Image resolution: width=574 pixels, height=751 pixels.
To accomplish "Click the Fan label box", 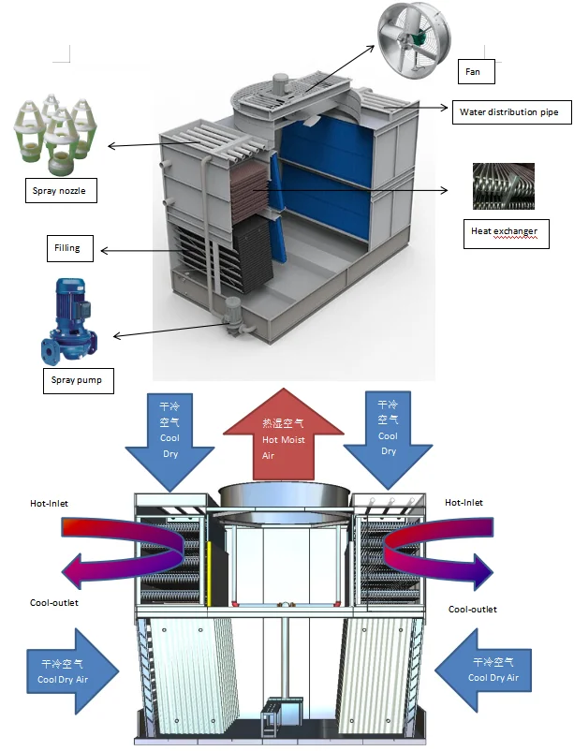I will [x=477, y=70].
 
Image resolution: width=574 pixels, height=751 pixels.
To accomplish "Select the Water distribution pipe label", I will [x=509, y=112].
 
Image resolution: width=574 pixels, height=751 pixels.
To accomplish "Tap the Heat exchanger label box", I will [x=505, y=230].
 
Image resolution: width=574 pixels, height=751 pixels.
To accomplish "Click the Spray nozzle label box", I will [x=61, y=192].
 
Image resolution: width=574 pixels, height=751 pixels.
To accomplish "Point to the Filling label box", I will [x=67, y=249].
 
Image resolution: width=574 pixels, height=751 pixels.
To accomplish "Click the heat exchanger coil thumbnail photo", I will [x=503, y=185].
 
